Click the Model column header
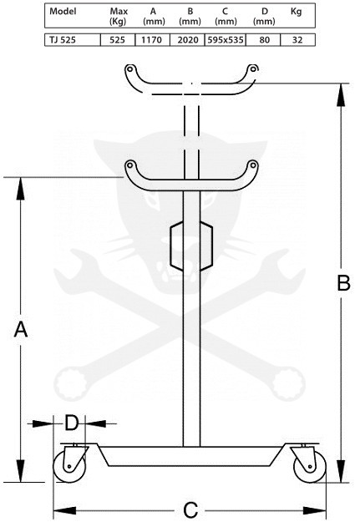[x=63, y=11]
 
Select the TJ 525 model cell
[x=63, y=40]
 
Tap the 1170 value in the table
[x=152, y=40]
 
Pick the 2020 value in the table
[x=188, y=40]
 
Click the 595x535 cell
[x=225, y=40]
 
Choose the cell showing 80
[x=264, y=40]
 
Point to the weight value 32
[x=297, y=40]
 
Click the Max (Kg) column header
[x=119, y=17]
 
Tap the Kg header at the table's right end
[x=297, y=12]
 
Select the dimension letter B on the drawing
[x=343, y=282]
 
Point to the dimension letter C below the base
[x=190, y=510]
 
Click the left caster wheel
[x=68, y=466]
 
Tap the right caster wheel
[x=309, y=466]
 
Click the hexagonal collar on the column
[x=191, y=246]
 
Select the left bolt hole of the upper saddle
[x=129, y=68]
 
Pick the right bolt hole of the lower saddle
[x=252, y=165]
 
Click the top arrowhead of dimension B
[x=341, y=95]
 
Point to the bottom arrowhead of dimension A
[x=21, y=470]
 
